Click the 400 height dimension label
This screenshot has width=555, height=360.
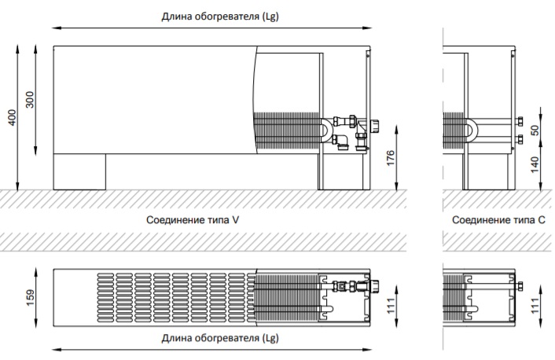[x=11, y=116]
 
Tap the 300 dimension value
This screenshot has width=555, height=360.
[x=31, y=101]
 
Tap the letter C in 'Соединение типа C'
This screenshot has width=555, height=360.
[x=541, y=220]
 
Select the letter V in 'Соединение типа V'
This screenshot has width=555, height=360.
[x=235, y=220]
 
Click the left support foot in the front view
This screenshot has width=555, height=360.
[x=79, y=171]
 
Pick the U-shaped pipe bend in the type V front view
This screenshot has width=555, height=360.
[x=325, y=131]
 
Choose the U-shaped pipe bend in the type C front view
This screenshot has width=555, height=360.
[x=469, y=130]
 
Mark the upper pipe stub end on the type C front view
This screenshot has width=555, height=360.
[x=520, y=121]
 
